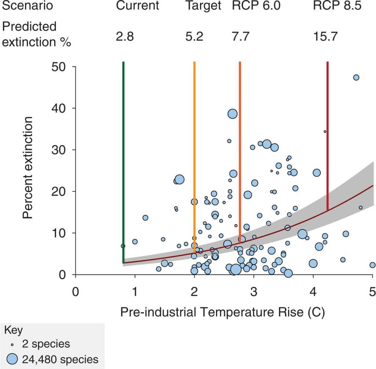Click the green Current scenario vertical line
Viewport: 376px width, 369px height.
[x=123, y=147]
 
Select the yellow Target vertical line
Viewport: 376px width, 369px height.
[x=194, y=147]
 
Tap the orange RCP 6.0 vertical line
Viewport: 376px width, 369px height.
[x=240, y=147]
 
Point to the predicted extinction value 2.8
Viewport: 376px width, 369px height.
[x=124, y=37]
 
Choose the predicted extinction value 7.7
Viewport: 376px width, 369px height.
[x=241, y=37]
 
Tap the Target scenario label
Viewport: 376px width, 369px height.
[x=203, y=6]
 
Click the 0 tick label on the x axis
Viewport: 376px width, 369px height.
[x=76, y=292]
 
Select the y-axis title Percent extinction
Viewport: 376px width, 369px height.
[x=28, y=168]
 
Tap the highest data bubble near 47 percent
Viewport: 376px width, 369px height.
[x=356, y=77]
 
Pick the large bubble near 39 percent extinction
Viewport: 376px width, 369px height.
[x=232, y=114]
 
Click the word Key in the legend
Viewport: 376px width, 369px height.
[x=13, y=330]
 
